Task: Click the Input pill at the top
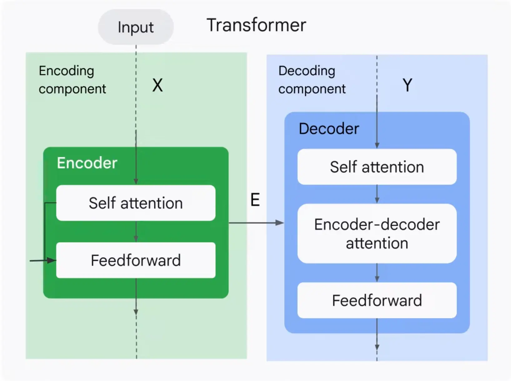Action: coord(136,27)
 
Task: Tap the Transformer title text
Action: coord(256,25)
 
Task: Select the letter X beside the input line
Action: coord(157,85)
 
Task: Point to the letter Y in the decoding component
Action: coord(407,85)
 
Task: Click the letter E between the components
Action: coord(255,200)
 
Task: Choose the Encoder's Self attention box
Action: coord(136,203)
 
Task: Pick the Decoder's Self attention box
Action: coord(377,167)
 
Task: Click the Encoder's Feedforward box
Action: coord(136,260)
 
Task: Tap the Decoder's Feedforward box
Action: coord(377,300)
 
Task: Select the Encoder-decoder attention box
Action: coord(377,234)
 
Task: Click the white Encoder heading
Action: coord(87,163)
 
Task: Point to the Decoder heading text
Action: coord(329,129)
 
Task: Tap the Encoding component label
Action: coord(72,80)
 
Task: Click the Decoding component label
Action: coord(312,80)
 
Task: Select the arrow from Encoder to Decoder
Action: coord(256,223)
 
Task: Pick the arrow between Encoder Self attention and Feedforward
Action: coord(136,232)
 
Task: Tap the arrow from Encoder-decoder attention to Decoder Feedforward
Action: coord(377,273)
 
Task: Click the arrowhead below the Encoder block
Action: coord(136,312)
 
